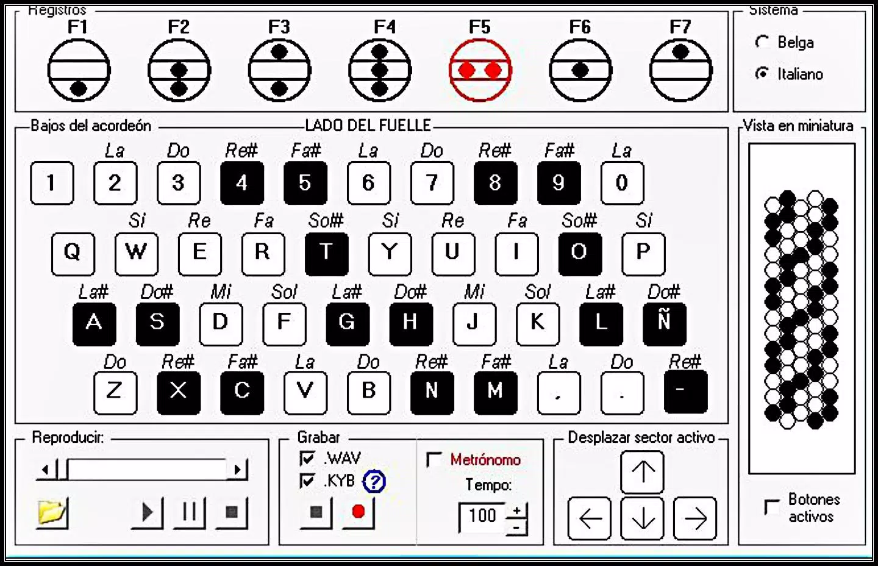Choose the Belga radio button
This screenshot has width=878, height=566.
coord(762,42)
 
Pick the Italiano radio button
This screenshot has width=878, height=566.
coord(762,73)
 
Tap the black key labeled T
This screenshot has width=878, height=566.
coord(327,254)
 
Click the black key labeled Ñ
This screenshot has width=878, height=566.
coord(665,324)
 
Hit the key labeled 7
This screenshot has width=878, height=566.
coord(432,183)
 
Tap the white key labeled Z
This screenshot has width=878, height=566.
coord(115,393)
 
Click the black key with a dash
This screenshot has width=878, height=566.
coord(686,392)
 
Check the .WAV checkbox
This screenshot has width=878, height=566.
coord(307,458)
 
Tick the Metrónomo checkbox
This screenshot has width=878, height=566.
coord(434,459)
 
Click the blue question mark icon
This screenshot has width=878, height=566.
coord(374,481)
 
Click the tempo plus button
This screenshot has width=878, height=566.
coord(516,510)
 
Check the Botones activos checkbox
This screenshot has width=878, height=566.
coord(772,507)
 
